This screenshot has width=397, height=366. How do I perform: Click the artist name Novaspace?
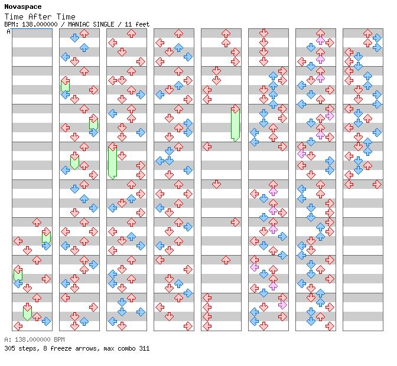point(23,6)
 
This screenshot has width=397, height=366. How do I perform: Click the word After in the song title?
point(40,17)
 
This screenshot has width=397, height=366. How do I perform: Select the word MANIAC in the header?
point(79,24)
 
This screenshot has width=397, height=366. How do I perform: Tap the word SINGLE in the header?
point(103,24)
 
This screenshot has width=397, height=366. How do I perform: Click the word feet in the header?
point(142,24)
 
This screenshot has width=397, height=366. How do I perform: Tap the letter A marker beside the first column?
point(8,31)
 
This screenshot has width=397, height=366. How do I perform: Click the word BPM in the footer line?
point(59,339)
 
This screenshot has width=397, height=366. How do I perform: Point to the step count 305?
point(9,348)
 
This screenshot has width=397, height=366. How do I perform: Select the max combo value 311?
point(144,348)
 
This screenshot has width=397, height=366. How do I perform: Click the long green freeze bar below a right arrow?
point(235,125)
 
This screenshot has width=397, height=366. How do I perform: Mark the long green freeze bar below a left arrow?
point(112,163)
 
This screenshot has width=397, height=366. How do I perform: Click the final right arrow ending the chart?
point(377,184)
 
